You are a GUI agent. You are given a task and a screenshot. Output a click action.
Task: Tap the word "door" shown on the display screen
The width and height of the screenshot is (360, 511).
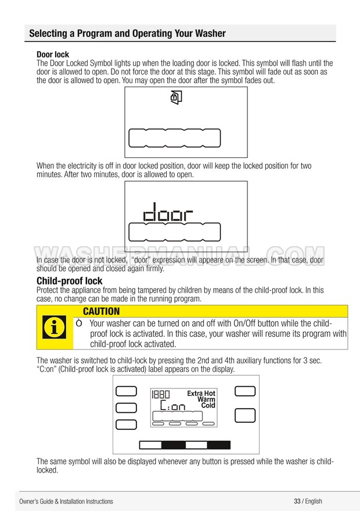click(x=168, y=214)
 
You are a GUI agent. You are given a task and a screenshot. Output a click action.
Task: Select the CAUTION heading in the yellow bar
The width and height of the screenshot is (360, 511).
click(x=101, y=312)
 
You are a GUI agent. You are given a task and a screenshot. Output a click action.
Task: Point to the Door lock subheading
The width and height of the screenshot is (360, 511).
click(x=53, y=55)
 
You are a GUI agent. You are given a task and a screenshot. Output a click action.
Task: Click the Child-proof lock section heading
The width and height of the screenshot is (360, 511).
click(x=70, y=281)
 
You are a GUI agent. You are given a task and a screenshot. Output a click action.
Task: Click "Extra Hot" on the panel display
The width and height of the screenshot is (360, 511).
click(x=201, y=394)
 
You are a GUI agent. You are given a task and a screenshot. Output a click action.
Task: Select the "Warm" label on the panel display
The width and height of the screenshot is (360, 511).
click(x=206, y=400)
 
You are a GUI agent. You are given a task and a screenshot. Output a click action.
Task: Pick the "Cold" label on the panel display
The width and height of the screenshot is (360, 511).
click(x=208, y=405)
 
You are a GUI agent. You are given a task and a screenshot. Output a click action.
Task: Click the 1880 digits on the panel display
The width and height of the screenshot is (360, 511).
click(x=161, y=395)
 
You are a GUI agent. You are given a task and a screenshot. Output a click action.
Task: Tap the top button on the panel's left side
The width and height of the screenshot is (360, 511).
click(x=126, y=391)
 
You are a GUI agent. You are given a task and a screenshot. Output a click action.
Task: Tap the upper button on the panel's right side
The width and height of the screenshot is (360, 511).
click(x=245, y=391)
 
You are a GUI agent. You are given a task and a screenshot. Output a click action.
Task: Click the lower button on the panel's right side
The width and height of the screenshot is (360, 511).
click(x=245, y=415)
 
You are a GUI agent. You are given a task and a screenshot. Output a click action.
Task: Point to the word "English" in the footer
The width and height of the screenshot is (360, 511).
click(x=314, y=501)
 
